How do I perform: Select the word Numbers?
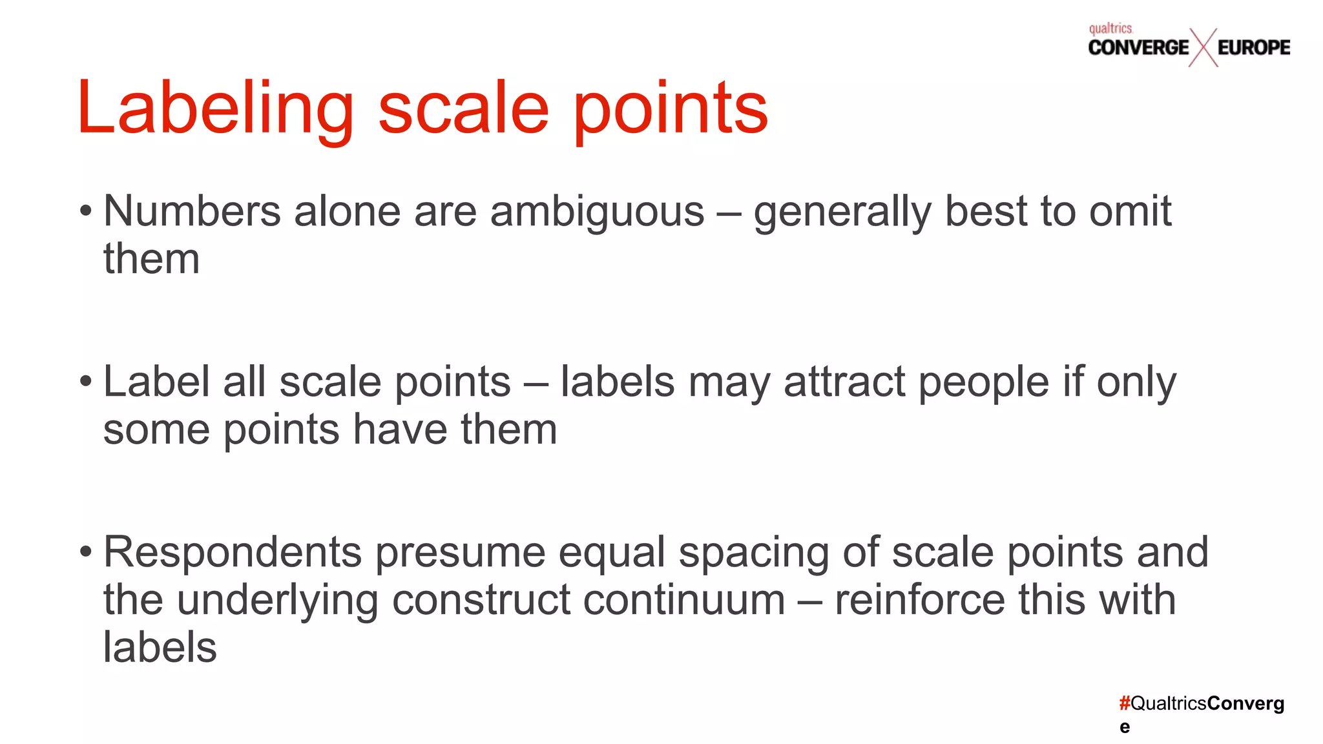tap(192, 212)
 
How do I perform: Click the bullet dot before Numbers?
tap(86, 212)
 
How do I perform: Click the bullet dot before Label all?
tap(86, 382)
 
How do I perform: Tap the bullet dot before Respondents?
tap(86, 553)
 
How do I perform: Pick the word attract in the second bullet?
tap(844, 382)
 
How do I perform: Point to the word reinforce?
tap(920, 601)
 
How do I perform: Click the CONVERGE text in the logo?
tap(1138, 48)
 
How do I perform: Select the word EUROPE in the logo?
tap(1253, 48)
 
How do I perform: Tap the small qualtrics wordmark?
tap(1110, 28)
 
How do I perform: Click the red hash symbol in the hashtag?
tap(1125, 703)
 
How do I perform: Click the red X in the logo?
tap(1203, 48)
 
